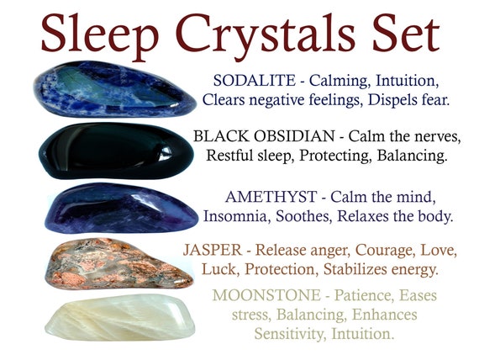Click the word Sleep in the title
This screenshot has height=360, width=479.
(x=99, y=35)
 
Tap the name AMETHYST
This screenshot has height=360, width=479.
(x=271, y=197)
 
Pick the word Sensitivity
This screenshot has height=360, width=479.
(x=291, y=333)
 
